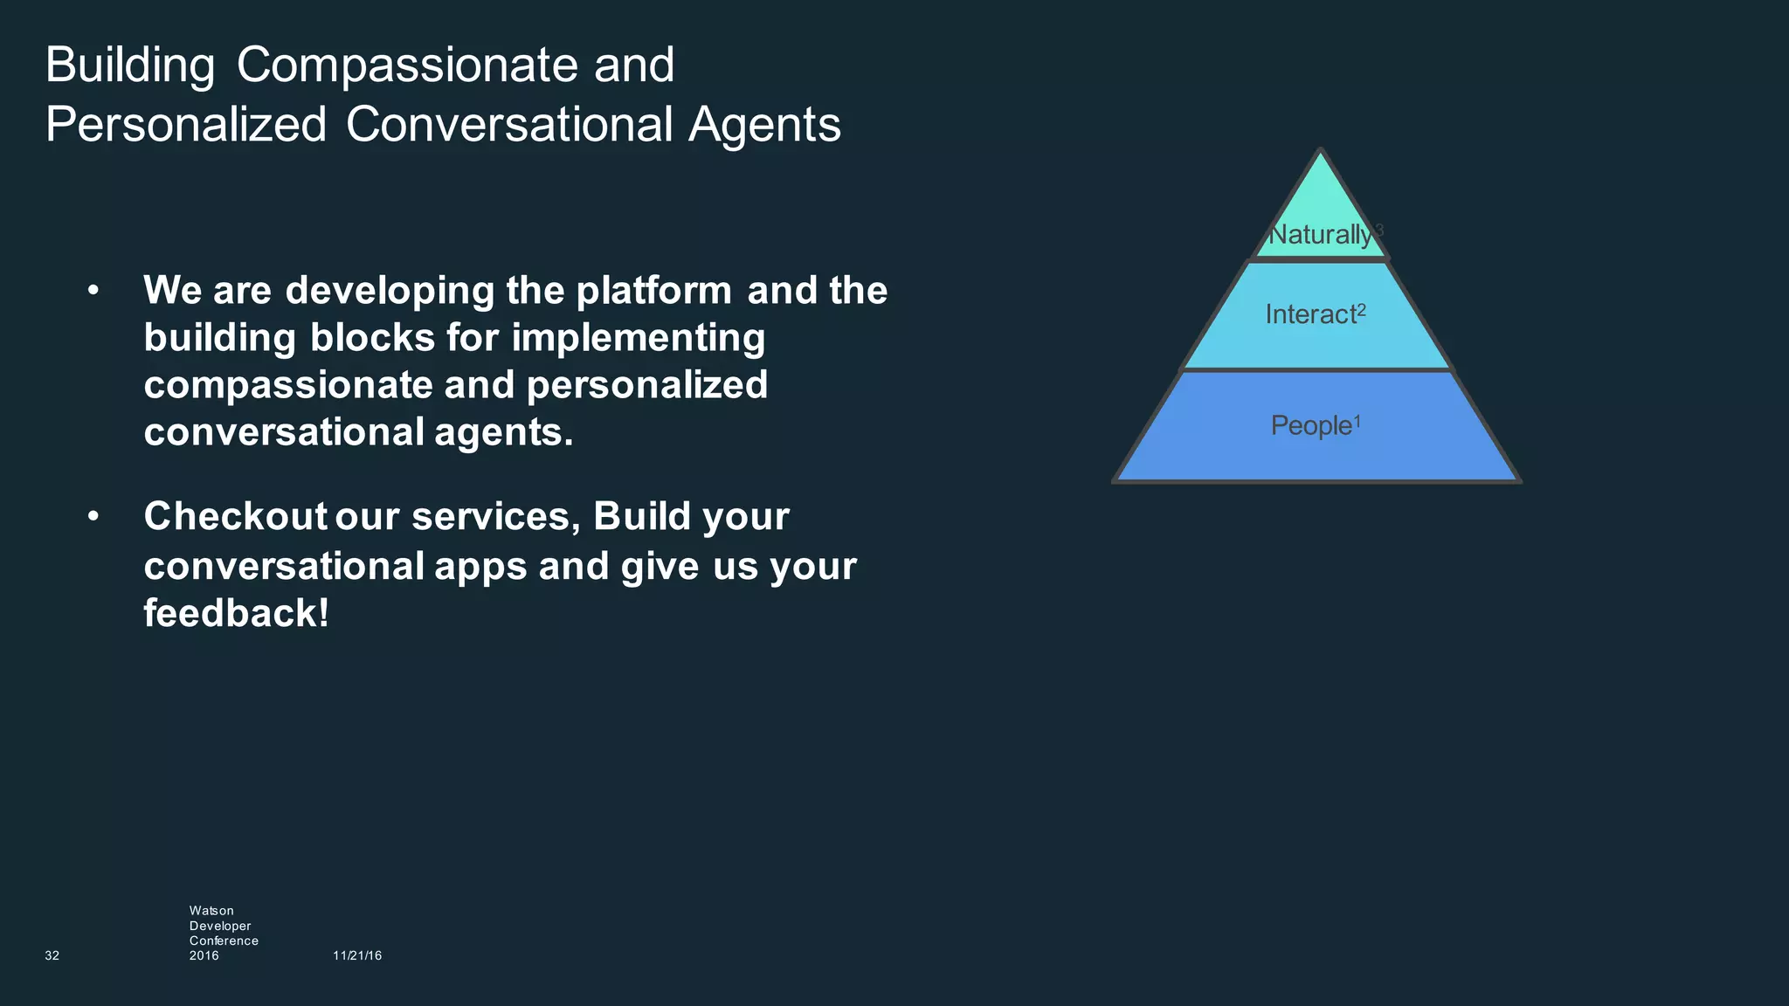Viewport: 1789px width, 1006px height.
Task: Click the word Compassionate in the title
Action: tap(406, 65)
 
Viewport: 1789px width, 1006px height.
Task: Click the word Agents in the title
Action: tap(764, 125)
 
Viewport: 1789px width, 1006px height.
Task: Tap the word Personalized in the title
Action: tap(185, 125)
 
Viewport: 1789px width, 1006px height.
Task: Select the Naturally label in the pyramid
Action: tap(1319, 234)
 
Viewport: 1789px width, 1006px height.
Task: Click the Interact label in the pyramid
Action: tap(1309, 314)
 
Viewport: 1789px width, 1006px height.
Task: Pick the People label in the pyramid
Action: tap(1310, 425)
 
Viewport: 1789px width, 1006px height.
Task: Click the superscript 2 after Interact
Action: tap(1362, 310)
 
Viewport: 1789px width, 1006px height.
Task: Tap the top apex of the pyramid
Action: tap(1321, 151)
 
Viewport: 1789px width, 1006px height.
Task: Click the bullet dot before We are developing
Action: tap(93, 290)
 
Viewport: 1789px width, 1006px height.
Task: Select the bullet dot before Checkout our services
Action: tap(93, 516)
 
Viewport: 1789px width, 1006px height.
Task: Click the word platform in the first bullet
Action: tap(653, 291)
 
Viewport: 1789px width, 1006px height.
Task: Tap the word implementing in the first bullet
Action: tap(638, 338)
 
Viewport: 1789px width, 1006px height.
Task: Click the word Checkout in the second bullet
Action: tap(235, 516)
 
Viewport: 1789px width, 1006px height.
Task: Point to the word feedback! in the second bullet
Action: tap(236, 612)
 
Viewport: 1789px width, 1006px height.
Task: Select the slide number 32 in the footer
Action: tap(52, 955)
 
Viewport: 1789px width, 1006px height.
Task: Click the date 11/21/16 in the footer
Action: tap(357, 955)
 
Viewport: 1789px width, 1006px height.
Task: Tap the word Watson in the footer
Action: tap(211, 911)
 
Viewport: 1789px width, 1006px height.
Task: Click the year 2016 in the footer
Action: tap(204, 955)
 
